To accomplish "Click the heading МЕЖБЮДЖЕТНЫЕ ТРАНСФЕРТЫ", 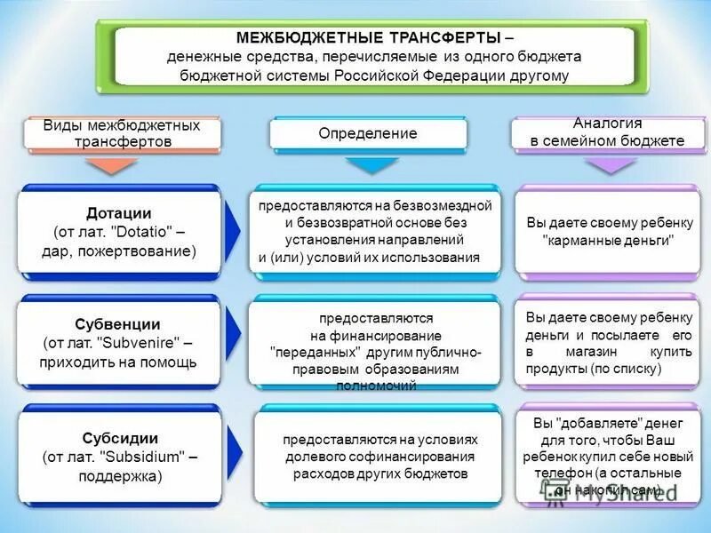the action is pyautogui.click(x=368, y=38).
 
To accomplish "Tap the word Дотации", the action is pyautogui.click(x=119, y=213).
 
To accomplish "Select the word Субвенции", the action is pyautogui.click(x=119, y=323).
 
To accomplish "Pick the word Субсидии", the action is pyautogui.click(x=120, y=437).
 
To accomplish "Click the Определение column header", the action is pyautogui.click(x=368, y=133).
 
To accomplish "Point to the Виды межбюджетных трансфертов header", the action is pyautogui.click(x=123, y=133).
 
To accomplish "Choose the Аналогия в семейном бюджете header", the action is pyautogui.click(x=608, y=132).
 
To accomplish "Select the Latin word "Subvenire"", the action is pyautogui.click(x=142, y=343).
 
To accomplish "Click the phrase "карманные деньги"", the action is pyautogui.click(x=608, y=241).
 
